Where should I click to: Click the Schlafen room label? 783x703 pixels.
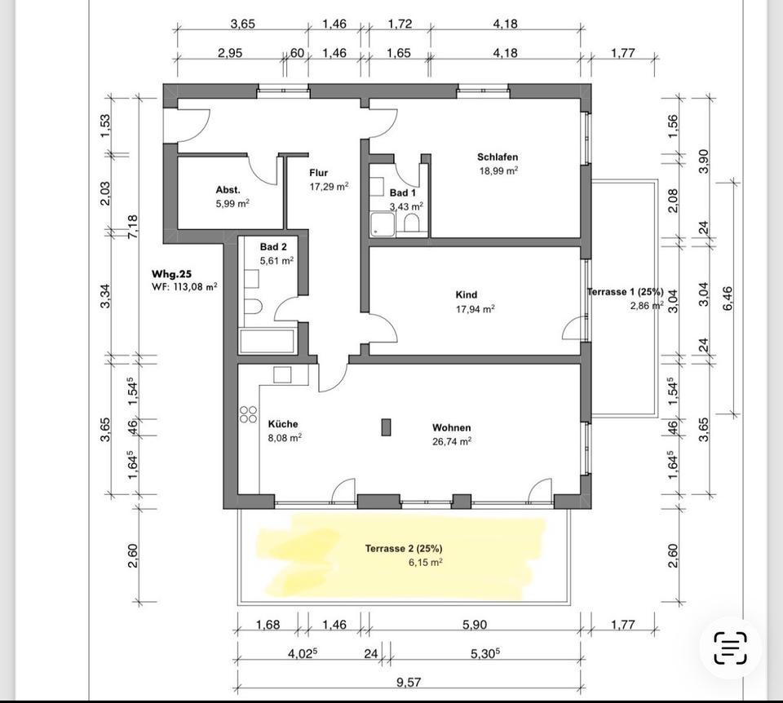(x=498, y=157)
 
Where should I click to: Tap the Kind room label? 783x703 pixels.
(x=467, y=295)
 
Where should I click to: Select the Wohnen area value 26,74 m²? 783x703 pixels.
(x=452, y=441)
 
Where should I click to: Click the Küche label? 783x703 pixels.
(x=283, y=424)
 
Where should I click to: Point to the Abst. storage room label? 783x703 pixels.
(x=228, y=190)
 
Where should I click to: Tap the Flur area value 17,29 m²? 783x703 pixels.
(x=329, y=187)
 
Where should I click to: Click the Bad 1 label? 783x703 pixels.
(x=402, y=193)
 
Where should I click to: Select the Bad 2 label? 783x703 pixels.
(x=273, y=247)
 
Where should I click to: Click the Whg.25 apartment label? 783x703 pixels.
(x=172, y=274)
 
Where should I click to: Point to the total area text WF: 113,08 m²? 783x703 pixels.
(x=184, y=287)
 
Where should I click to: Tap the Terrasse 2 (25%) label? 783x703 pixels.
(x=404, y=549)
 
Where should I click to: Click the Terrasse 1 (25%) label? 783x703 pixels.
(x=626, y=292)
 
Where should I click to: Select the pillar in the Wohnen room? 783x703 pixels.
(x=386, y=427)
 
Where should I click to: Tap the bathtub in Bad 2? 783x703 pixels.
(x=268, y=340)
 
